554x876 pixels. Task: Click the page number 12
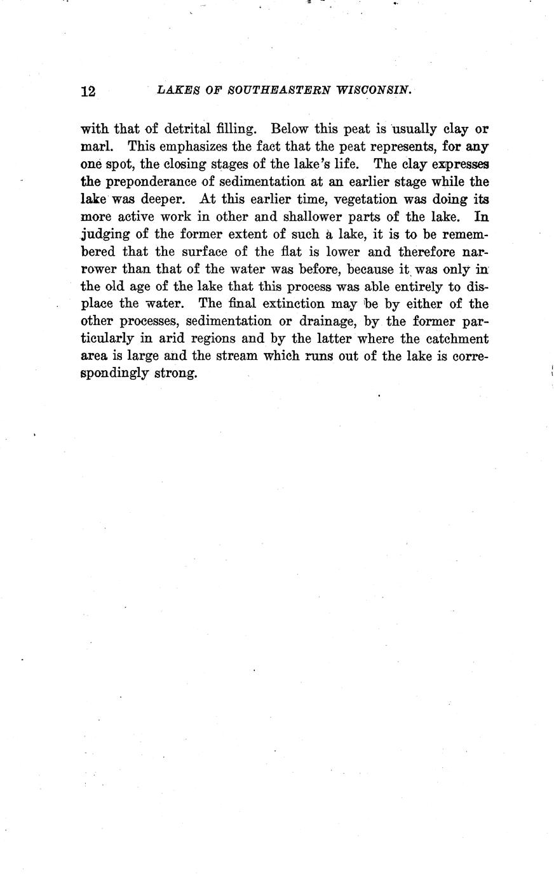[x=88, y=91]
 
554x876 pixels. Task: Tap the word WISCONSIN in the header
[x=374, y=90]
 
